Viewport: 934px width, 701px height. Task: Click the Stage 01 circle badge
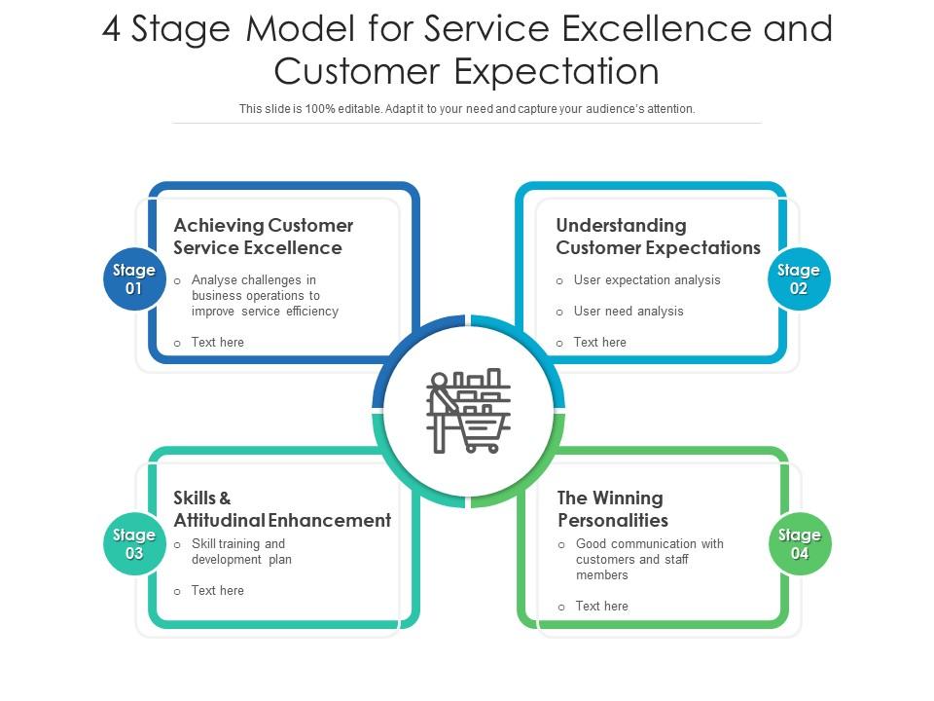tap(134, 279)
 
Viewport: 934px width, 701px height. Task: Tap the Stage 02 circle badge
tap(799, 279)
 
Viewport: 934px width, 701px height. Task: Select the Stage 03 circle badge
tap(134, 544)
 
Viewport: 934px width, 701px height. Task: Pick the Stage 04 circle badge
tap(800, 544)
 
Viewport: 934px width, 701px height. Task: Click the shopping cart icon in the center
tap(468, 412)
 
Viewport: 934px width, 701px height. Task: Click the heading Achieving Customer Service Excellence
tap(263, 237)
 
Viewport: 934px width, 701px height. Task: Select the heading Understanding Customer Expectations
tap(658, 237)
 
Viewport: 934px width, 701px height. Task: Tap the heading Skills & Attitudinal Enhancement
tap(282, 509)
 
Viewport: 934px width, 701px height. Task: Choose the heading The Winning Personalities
tap(612, 509)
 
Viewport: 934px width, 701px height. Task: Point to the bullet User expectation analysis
tap(647, 280)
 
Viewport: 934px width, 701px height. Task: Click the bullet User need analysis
tap(629, 312)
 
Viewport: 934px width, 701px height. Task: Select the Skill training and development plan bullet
tap(241, 552)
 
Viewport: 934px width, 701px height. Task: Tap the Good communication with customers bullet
tap(649, 559)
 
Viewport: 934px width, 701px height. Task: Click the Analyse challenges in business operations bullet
tap(265, 296)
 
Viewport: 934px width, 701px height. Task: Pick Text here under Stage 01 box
tap(218, 343)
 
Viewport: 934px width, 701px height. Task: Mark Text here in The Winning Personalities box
tap(601, 607)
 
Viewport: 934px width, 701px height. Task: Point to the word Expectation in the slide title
tap(557, 72)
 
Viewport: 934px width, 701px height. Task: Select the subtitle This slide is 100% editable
tap(467, 109)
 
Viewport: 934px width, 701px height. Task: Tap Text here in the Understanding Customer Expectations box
tap(599, 343)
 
